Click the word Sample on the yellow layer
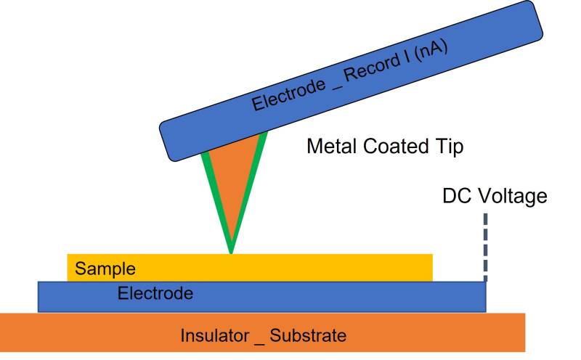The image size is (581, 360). coord(105,269)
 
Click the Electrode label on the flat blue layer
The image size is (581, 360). coord(155,293)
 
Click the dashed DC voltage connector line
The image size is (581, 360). coord(484,247)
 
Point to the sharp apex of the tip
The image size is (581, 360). coord(231,252)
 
